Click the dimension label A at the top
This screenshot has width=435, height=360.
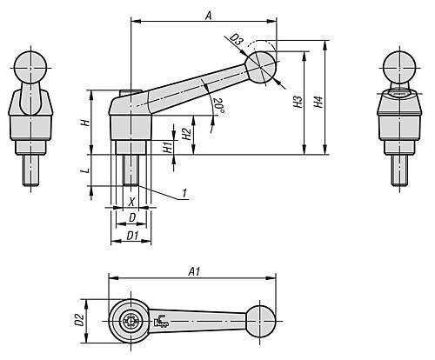(206, 14)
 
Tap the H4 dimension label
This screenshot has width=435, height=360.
(319, 102)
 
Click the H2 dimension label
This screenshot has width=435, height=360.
(186, 135)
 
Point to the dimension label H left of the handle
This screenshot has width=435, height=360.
(84, 123)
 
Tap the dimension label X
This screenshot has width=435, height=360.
(131, 202)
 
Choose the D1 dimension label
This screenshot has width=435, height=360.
(132, 235)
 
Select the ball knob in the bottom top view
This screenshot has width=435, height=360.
(260, 320)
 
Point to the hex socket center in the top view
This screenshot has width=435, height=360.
(130, 320)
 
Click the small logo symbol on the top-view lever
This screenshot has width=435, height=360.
(161, 323)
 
